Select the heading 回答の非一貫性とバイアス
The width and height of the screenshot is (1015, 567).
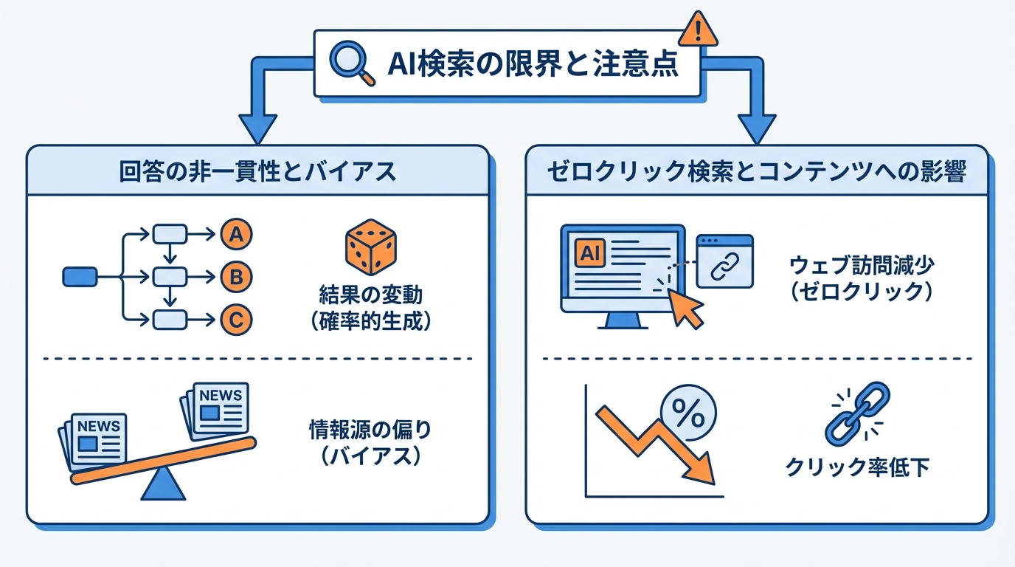257,171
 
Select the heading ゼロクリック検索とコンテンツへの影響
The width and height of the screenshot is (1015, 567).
757,171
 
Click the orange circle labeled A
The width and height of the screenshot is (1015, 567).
236,235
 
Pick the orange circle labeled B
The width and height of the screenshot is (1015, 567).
236,278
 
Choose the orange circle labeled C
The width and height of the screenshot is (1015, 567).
236,320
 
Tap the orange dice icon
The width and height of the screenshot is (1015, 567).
369,247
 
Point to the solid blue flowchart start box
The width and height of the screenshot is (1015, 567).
80,277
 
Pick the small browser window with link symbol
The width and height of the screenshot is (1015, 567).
724,261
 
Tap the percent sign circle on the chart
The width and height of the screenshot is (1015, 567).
688,416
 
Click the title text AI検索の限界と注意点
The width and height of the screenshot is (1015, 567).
533,64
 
